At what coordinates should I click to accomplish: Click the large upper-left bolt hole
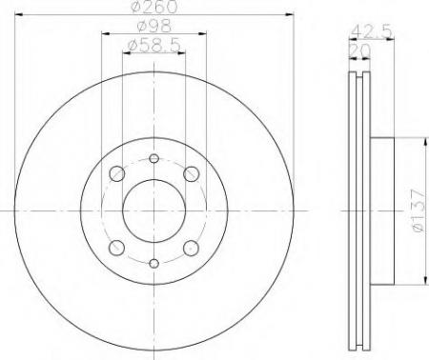[116, 173]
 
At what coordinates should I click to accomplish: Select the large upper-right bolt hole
[190, 173]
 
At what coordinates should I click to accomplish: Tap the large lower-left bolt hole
[116, 248]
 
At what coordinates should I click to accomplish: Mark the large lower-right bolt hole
[190, 248]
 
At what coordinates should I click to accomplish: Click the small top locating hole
[153, 159]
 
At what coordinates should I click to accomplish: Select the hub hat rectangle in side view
[380, 210]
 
